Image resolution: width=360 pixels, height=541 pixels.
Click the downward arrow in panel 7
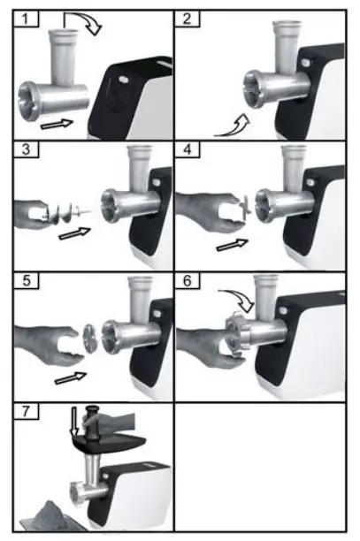click(x=75, y=426)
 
